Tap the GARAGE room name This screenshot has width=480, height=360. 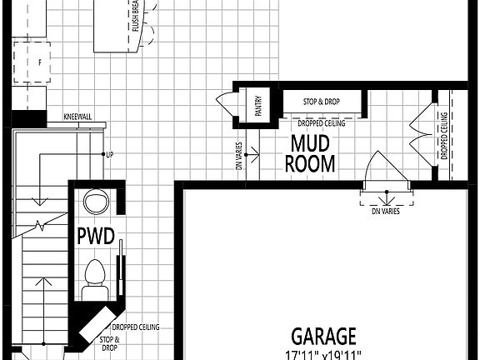point(324,337)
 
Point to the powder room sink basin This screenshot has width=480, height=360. point(97,202)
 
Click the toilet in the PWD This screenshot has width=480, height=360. point(94,275)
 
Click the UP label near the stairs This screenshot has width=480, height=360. point(108,155)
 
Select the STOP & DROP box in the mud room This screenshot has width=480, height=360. point(322,102)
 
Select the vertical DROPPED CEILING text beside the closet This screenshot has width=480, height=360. point(444,136)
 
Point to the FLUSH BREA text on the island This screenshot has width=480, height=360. point(134,22)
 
